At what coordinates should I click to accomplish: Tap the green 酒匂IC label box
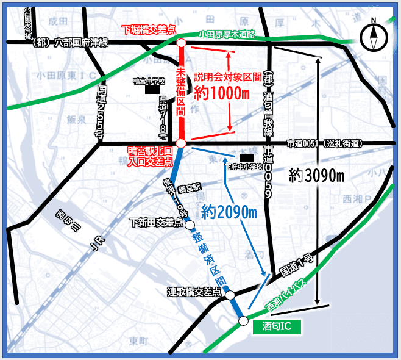click(277, 326)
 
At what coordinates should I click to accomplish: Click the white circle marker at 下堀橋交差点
click(181, 43)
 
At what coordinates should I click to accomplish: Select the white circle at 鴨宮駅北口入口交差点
click(181, 143)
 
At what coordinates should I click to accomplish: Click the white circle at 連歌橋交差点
click(230, 295)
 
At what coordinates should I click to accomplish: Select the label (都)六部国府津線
click(68, 42)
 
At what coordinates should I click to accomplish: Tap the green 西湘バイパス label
click(292, 291)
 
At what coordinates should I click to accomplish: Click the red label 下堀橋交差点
click(147, 29)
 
